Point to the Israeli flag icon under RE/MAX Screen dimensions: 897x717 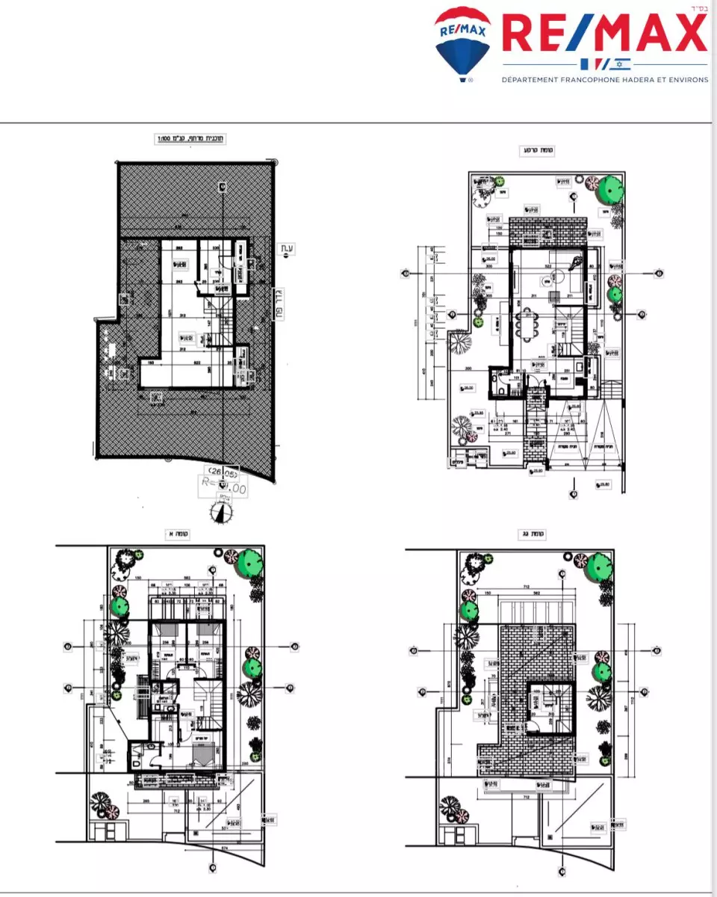click(623, 63)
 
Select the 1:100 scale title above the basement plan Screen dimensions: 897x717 click(190, 138)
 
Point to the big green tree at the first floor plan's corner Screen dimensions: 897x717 click(249, 561)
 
